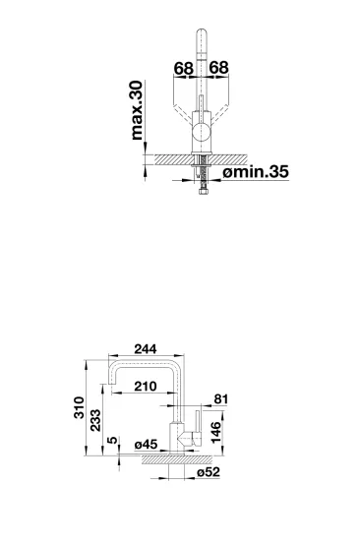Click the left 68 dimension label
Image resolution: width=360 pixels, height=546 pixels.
(x=184, y=68)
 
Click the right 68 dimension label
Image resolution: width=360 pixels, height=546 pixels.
(x=218, y=67)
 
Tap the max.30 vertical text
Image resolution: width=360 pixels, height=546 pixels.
(x=137, y=110)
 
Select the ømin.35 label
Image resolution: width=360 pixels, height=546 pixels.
(x=256, y=172)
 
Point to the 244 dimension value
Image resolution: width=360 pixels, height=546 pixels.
(x=146, y=349)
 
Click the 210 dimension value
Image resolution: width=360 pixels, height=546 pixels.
(x=146, y=387)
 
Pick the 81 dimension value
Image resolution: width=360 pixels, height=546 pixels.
(x=220, y=399)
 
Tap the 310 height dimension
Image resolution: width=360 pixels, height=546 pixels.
(x=80, y=407)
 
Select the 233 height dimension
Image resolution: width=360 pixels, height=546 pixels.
(x=95, y=420)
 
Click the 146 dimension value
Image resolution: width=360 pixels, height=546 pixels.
(x=216, y=433)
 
